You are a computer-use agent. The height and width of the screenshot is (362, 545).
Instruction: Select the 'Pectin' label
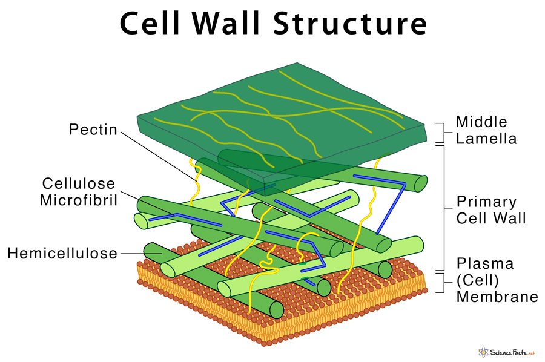[93, 130]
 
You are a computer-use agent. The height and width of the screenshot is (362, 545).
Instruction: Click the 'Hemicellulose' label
[62, 253]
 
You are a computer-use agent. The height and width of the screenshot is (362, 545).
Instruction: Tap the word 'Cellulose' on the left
[79, 183]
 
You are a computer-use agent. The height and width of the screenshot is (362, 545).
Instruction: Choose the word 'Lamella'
[486, 139]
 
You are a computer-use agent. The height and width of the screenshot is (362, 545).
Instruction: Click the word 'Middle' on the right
[481, 122]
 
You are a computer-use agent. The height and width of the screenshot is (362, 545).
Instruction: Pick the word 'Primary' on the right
[486, 201]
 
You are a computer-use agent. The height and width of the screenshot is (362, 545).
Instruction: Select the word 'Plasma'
[485, 264]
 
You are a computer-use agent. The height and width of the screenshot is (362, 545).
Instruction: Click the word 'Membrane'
[497, 297]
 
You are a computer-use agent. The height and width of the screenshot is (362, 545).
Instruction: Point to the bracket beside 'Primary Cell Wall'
[445, 206]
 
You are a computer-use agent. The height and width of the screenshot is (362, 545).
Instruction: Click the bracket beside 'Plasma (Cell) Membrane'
[445, 281]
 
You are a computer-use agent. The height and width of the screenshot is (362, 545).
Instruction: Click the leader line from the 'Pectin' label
[157, 152]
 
